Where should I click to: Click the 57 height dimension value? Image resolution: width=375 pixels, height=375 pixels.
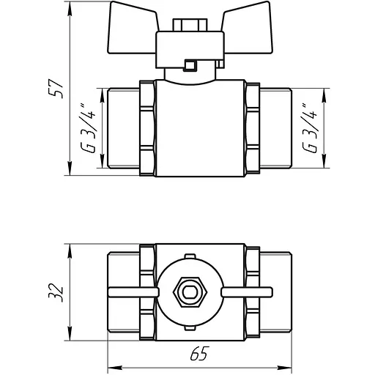coord(56,89)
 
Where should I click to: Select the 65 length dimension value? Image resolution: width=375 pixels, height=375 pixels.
coord(200,353)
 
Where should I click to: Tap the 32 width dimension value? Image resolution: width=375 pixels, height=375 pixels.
coord(56,292)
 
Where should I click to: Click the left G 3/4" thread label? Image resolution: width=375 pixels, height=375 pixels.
coord(88,128)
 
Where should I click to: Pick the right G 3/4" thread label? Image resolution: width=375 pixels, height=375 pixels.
coord(310,128)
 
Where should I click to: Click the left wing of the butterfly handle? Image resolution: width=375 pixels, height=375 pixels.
coord(132,28)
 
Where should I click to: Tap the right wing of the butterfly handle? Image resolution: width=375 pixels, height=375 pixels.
coord(247,28)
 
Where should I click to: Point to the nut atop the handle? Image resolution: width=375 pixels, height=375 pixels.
coord(190,25)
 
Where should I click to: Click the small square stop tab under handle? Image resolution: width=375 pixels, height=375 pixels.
coord(190,65)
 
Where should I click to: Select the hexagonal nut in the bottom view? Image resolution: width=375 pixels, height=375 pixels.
coord(190,292)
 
